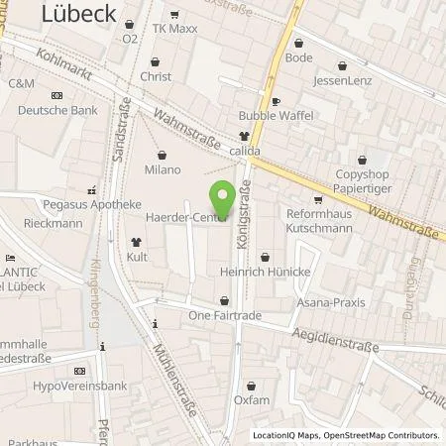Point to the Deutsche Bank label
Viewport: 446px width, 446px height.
point(59,110)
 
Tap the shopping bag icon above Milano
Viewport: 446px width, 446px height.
point(164,155)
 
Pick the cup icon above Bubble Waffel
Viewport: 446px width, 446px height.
point(278,101)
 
